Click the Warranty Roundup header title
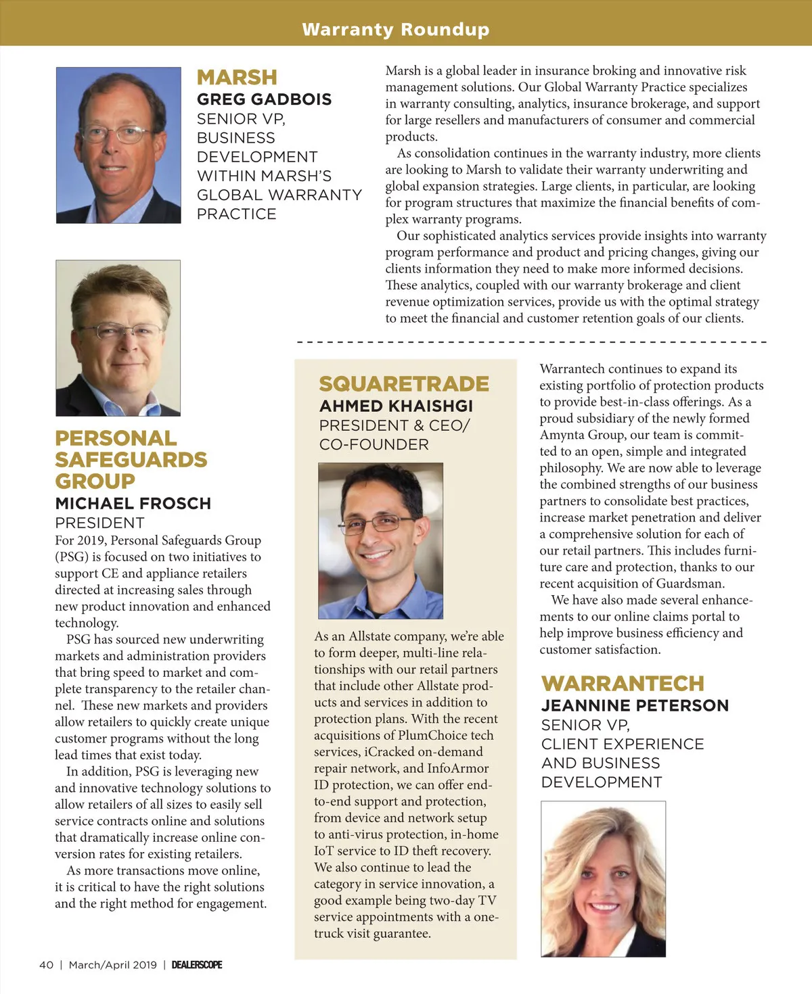pos(396,30)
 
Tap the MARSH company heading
pos(237,78)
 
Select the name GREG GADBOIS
pos(264,99)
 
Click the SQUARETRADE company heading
pos(404,384)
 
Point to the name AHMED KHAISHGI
pos(396,406)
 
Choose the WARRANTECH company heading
pos(623,684)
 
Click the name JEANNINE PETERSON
pos(635,706)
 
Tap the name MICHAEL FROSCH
pos(133,504)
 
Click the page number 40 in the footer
pos(46,965)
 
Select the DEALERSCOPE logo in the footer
pos(197,965)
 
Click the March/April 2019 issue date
pos(112,965)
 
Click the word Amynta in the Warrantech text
pos(560,435)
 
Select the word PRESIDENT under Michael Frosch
pos(99,523)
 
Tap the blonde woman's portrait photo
pos(603,879)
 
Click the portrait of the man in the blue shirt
pos(380,541)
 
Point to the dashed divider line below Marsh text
pos(531,342)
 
